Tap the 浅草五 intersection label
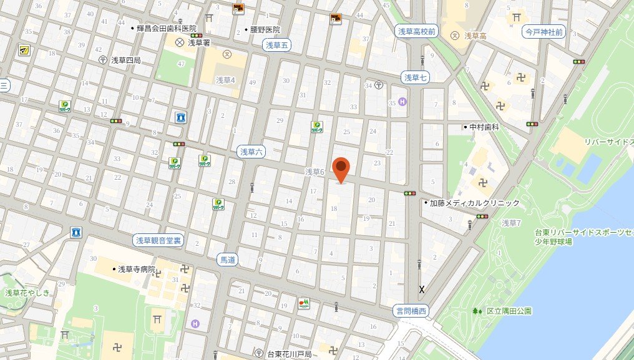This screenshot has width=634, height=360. (x=277, y=44)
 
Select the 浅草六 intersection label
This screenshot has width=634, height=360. (x=253, y=151)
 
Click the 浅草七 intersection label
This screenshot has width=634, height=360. (x=415, y=77)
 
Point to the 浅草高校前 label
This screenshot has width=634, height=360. (x=419, y=30)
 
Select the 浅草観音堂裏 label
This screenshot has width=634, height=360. (x=159, y=240)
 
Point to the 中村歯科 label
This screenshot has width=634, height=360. (x=485, y=127)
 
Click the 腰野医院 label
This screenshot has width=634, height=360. (x=265, y=29)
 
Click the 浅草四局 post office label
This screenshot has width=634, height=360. (x=125, y=60)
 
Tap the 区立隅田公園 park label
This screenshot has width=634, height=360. (x=510, y=310)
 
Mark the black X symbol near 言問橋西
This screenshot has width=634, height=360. (x=422, y=289)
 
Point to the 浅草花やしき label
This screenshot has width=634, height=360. (x=27, y=292)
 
